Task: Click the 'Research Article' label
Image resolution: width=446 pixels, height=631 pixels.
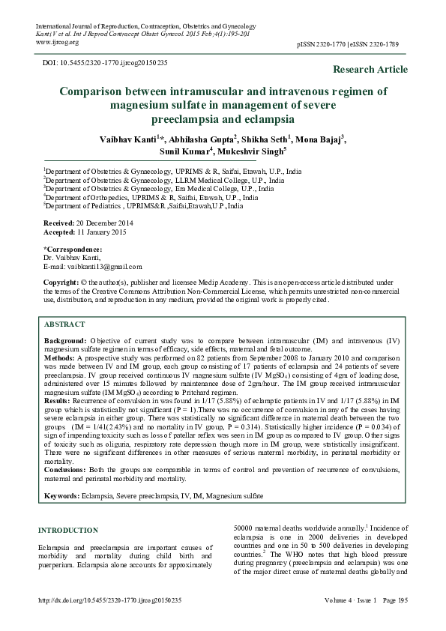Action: coord(370,70)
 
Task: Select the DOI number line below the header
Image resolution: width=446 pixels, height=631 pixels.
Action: coord(105,62)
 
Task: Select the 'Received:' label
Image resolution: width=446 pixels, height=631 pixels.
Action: coord(58,223)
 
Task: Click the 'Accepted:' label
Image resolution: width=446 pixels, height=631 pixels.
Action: coord(59,232)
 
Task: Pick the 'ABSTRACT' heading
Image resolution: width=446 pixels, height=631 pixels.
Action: coord(64,324)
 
